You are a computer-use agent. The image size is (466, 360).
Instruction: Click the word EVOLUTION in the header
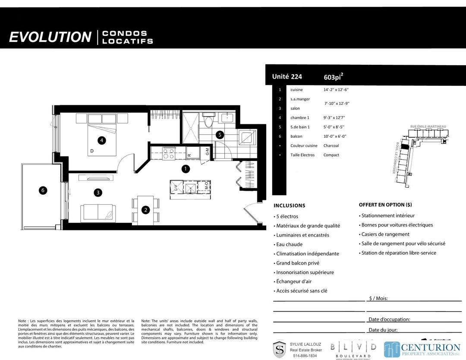pos(50,37)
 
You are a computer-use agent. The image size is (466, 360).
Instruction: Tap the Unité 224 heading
pos(287,77)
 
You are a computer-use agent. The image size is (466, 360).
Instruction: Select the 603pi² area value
pos(333,77)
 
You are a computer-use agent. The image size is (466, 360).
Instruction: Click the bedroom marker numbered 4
pos(101,140)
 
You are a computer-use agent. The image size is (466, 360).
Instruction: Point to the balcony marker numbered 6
pos(43,190)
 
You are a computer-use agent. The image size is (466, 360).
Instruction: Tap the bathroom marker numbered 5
pos(220,135)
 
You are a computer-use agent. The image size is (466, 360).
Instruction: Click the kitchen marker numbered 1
pos(186,169)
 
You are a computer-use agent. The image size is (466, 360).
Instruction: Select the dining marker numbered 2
pos(146,210)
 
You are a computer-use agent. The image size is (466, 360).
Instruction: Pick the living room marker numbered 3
pos(99,193)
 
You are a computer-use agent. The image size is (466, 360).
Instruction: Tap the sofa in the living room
pos(98,212)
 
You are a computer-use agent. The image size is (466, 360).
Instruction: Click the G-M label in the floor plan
pos(207,152)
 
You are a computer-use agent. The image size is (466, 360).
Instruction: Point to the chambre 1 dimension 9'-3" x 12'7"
pos(334,117)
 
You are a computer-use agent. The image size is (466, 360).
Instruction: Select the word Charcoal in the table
pos(331,145)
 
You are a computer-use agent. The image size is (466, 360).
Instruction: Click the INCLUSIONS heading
pos(289,205)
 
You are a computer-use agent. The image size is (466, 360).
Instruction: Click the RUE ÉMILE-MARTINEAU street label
pos(428,126)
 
